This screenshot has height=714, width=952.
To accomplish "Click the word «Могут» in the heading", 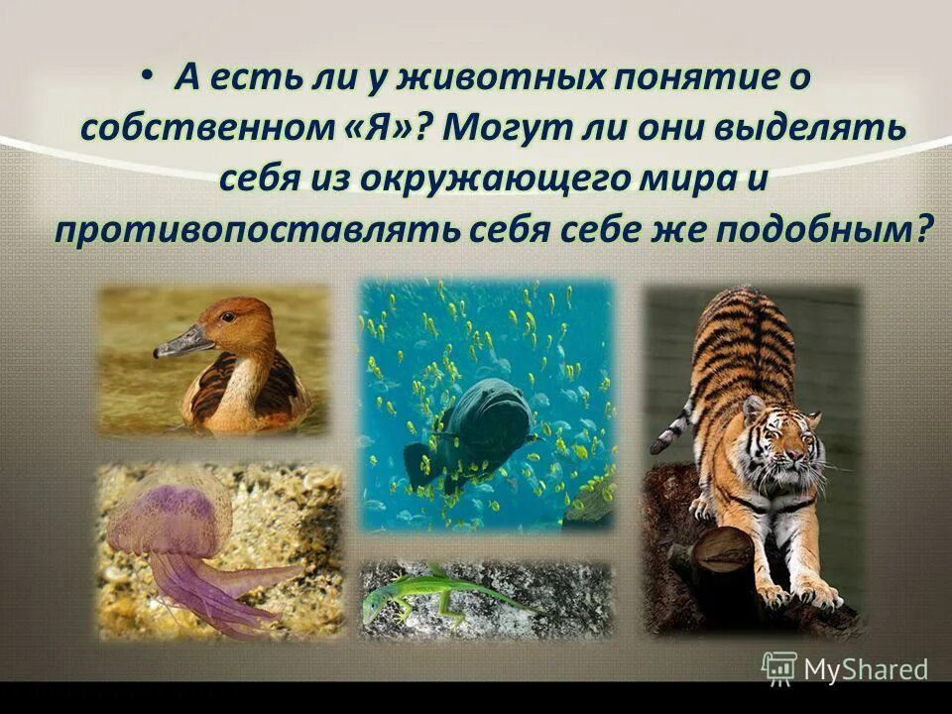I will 495,130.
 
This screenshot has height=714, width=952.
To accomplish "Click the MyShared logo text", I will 865,669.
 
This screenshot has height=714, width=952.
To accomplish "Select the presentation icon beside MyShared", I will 780,668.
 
